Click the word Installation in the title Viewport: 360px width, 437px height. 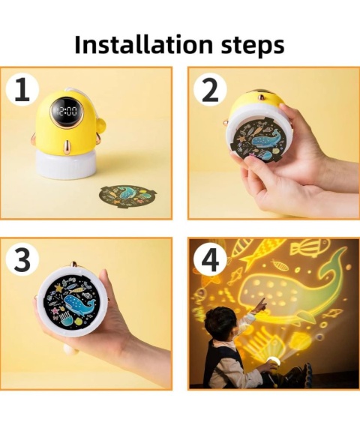143,44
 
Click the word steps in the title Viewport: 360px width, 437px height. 253,46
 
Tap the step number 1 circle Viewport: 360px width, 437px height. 22,89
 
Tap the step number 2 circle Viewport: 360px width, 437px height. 210,89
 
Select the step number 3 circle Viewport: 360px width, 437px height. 22,260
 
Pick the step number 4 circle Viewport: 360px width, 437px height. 210,260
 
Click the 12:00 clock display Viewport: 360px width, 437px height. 67,112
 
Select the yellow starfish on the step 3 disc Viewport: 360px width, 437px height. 59,288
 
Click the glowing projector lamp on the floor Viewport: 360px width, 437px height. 273,361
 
